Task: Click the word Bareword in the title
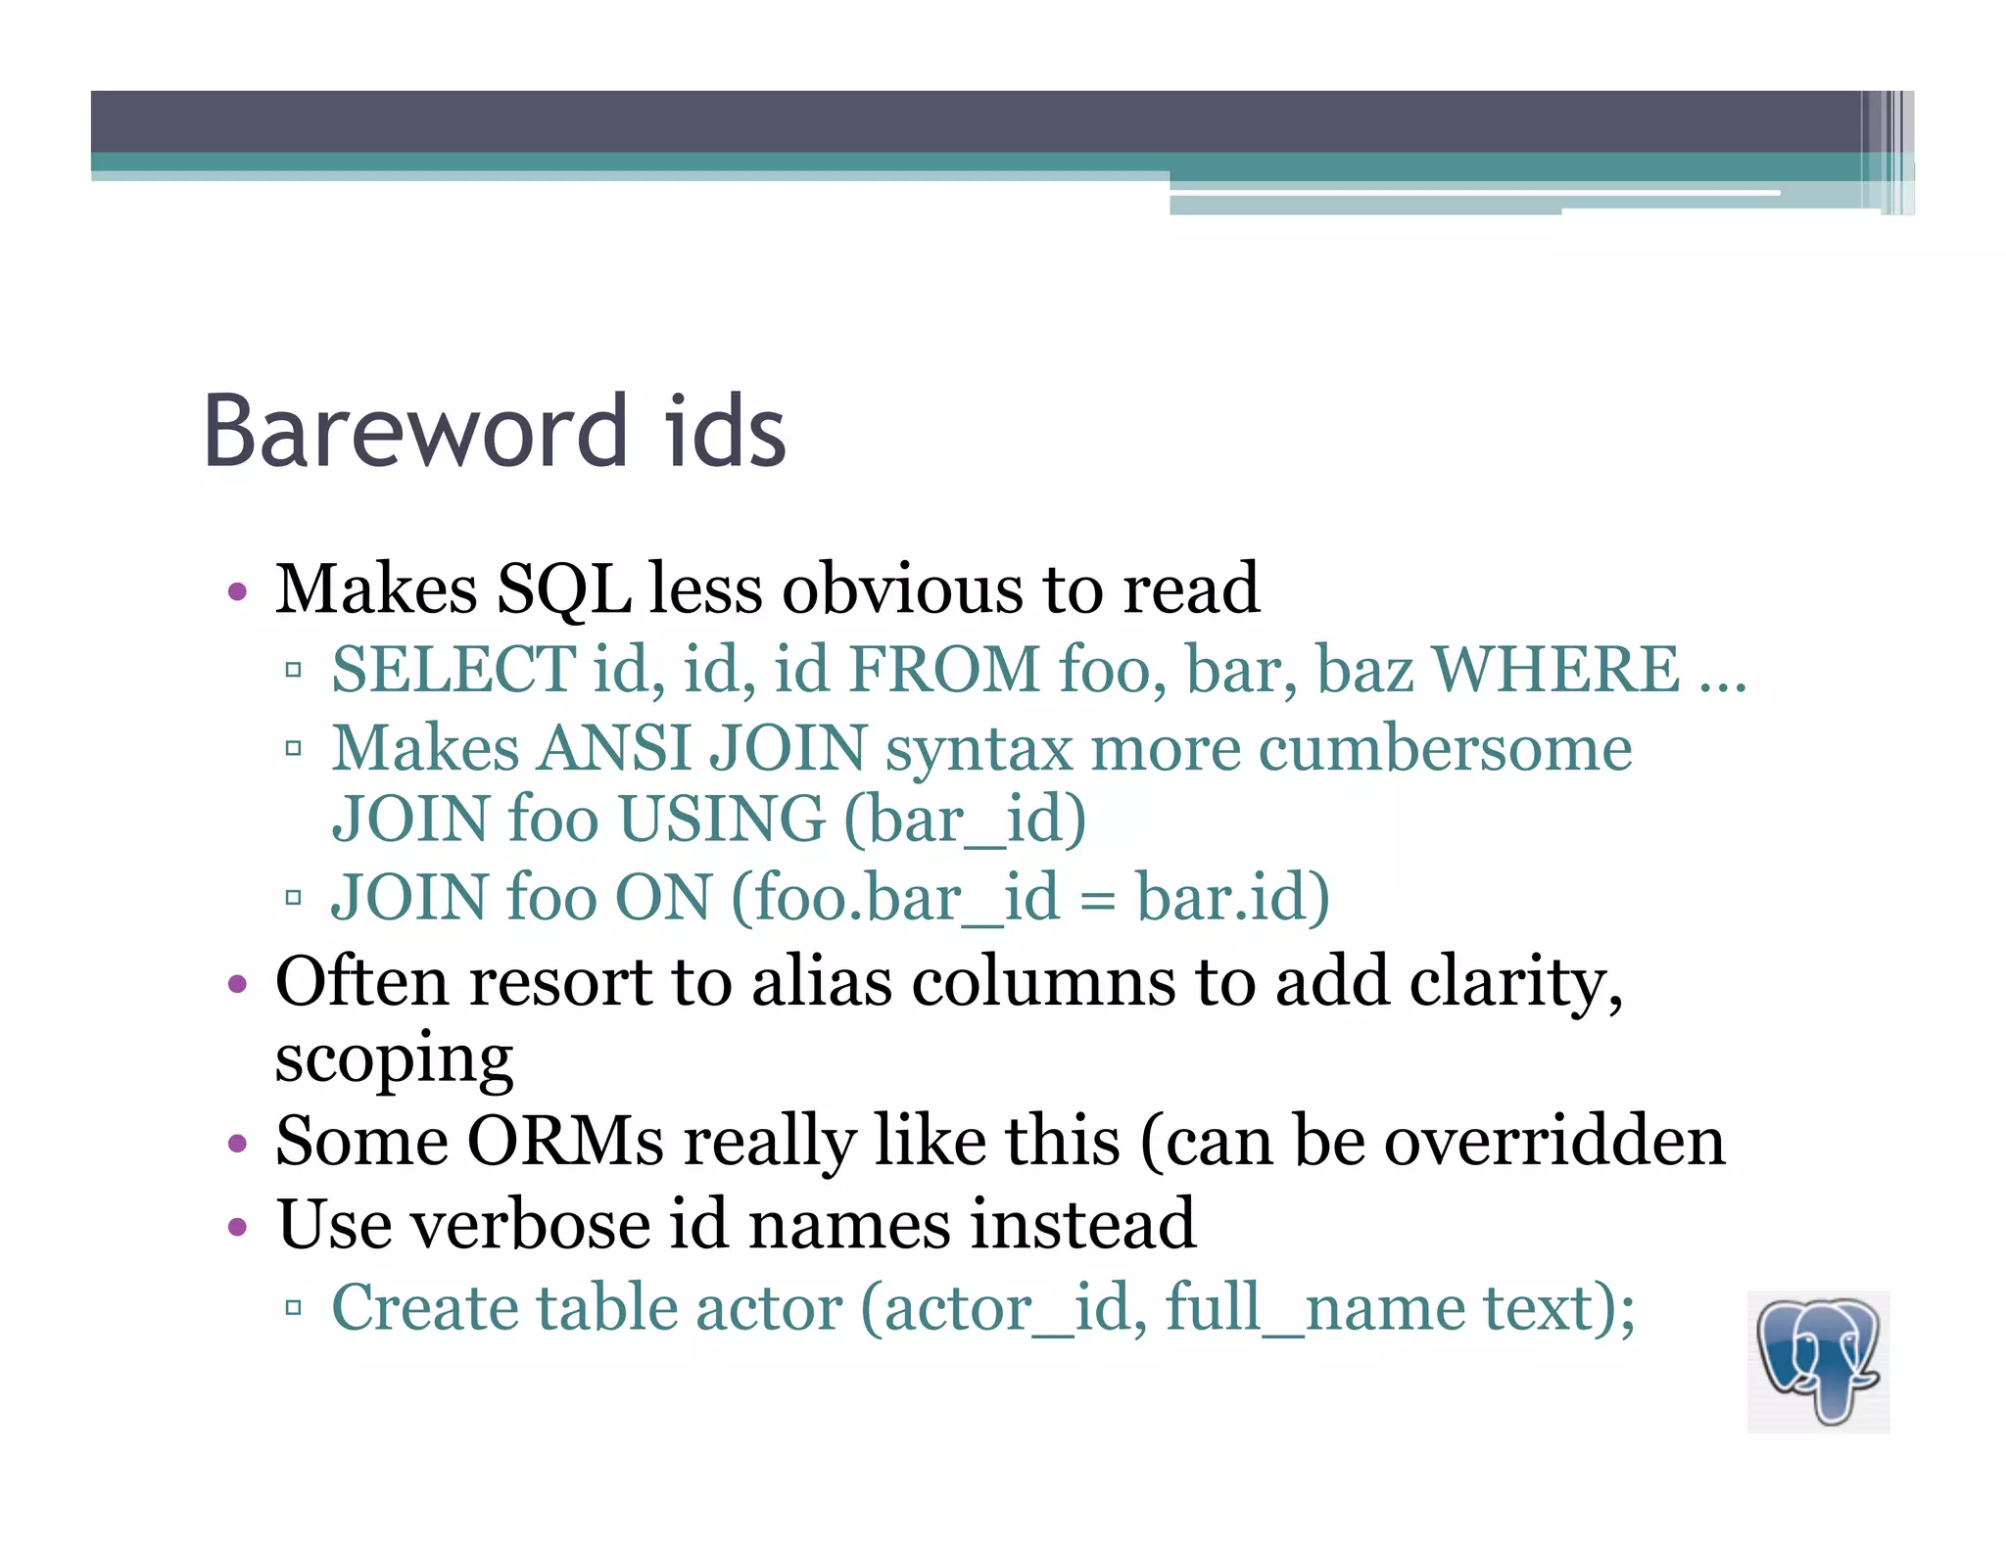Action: (x=414, y=431)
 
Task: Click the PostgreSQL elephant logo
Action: (x=1818, y=1361)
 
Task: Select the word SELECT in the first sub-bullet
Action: (x=454, y=670)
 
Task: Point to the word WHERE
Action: (x=1556, y=670)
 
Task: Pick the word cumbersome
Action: (x=1445, y=749)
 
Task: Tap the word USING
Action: (x=722, y=820)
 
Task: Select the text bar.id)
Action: (x=1232, y=898)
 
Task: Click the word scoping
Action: (x=394, y=1060)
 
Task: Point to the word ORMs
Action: (x=566, y=1142)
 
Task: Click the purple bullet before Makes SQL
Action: (x=237, y=592)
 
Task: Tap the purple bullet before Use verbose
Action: (x=237, y=1227)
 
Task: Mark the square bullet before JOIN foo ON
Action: (x=293, y=898)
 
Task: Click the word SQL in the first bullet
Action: (x=563, y=590)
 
